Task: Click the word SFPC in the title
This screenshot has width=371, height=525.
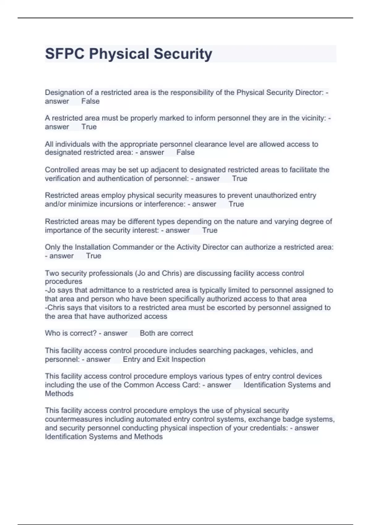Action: click(x=65, y=54)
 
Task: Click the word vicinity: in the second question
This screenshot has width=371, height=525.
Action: click(x=313, y=118)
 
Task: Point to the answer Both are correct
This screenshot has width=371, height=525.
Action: click(x=166, y=333)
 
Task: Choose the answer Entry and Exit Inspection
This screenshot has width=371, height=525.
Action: click(x=164, y=359)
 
